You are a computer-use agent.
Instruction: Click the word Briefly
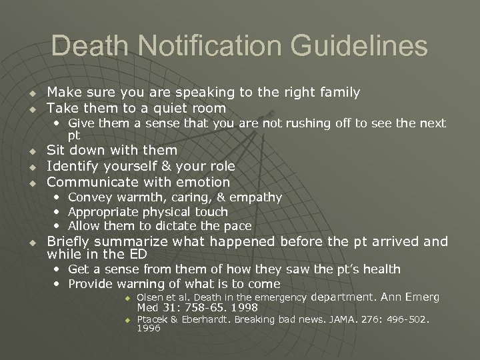tap(70, 241)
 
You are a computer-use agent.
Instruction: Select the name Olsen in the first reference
tap(150, 297)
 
